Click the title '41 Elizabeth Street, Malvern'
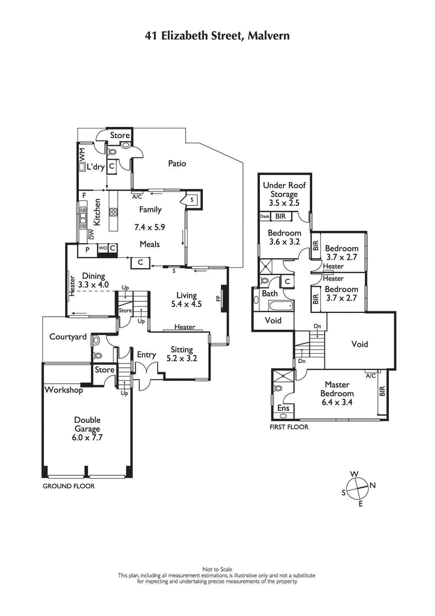(217, 36)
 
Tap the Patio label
(177, 163)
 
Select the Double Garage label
(88, 424)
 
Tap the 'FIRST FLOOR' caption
(289, 427)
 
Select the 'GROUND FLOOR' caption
(69, 486)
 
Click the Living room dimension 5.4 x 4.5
(186, 305)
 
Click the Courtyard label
(68, 337)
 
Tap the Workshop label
(64, 390)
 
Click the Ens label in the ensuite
(283, 408)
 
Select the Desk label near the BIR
(265, 217)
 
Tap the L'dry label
(96, 167)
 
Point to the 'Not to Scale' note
(217, 568)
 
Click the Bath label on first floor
(270, 293)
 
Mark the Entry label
(146, 355)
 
